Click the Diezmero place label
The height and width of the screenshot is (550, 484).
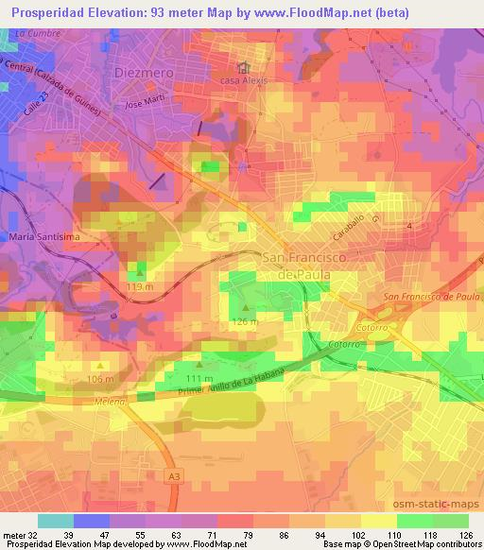click(x=145, y=72)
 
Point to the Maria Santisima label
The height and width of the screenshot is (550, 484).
click(x=40, y=236)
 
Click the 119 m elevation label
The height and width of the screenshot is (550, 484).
click(x=140, y=286)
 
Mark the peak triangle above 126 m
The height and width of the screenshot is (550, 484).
click(x=247, y=307)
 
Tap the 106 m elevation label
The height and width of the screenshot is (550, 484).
click(x=100, y=379)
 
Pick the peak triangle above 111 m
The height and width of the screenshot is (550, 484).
click(x=199, y=365)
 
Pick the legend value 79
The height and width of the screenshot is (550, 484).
click(x=248, y=534)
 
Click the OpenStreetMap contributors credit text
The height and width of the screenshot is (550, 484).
click(x=424, y=544)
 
